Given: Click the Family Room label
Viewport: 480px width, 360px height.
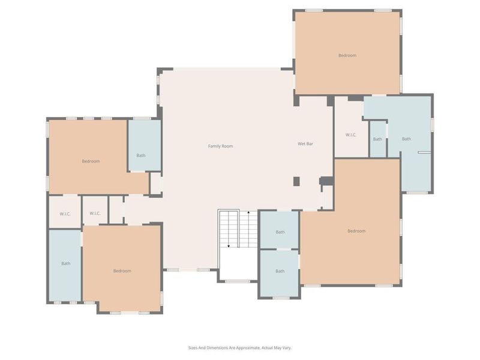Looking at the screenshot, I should click(220, 146).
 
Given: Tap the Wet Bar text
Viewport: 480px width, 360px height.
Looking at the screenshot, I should click(306, 144).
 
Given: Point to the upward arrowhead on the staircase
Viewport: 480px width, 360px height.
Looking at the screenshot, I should click(248, 212).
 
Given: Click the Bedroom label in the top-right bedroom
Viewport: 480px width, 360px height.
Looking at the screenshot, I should click(347, 56).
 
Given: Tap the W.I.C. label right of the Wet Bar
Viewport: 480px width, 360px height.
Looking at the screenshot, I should click(351, 135).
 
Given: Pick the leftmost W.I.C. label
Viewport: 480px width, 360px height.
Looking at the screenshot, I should click(65, 214).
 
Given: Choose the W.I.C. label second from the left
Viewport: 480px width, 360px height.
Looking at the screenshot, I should click(95, 214).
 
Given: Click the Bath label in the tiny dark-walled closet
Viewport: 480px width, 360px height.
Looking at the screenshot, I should click(377, 139).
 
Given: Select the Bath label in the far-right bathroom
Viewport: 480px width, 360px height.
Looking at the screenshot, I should click(406, 139).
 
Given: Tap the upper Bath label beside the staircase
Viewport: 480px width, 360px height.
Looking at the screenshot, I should click(280, 232).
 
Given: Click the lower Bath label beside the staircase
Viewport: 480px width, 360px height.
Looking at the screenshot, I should click(280, 271).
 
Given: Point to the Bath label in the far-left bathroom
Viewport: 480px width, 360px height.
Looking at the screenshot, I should click(65, 263).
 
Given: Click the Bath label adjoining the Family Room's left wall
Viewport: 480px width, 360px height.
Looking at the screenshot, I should click(140, 155).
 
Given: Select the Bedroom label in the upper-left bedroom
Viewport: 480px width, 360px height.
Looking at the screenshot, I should click(91, 161).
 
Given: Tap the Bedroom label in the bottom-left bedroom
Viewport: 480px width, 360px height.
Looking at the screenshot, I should click(122, 271).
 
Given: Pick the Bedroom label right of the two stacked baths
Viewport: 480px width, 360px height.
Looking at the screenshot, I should click(356, 231).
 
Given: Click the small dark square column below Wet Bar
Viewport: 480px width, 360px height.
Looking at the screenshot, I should click(296, 181).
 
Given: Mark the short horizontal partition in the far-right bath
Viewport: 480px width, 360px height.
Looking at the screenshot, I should click(425, 153).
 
